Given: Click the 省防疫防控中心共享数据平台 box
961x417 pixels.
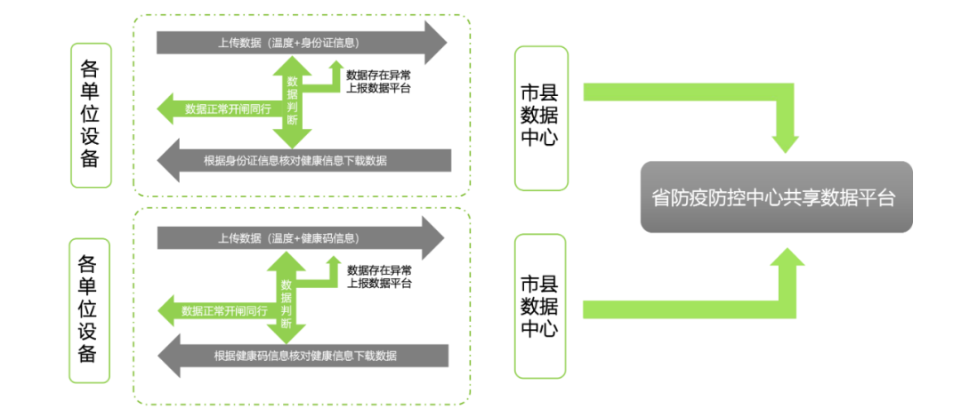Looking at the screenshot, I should [776, 196].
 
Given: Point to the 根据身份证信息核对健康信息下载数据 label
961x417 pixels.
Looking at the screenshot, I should [295, 161].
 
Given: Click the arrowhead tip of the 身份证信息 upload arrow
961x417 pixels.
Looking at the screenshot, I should [436, 42].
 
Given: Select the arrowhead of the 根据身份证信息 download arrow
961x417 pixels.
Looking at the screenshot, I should [169, 161].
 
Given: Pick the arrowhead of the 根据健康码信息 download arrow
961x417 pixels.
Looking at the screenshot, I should [170, 356].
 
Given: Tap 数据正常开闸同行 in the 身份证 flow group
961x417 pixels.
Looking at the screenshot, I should [226, 108].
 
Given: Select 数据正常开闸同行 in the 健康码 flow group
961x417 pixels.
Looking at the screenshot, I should [224, 311].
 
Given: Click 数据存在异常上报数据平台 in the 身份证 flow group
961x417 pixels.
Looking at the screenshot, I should [378, 81].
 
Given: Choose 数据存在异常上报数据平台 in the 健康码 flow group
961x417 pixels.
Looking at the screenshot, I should [379, 277].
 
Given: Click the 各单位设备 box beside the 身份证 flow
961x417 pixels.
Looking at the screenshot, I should [90, 115].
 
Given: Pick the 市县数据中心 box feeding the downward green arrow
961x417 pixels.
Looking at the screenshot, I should [540, 118].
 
